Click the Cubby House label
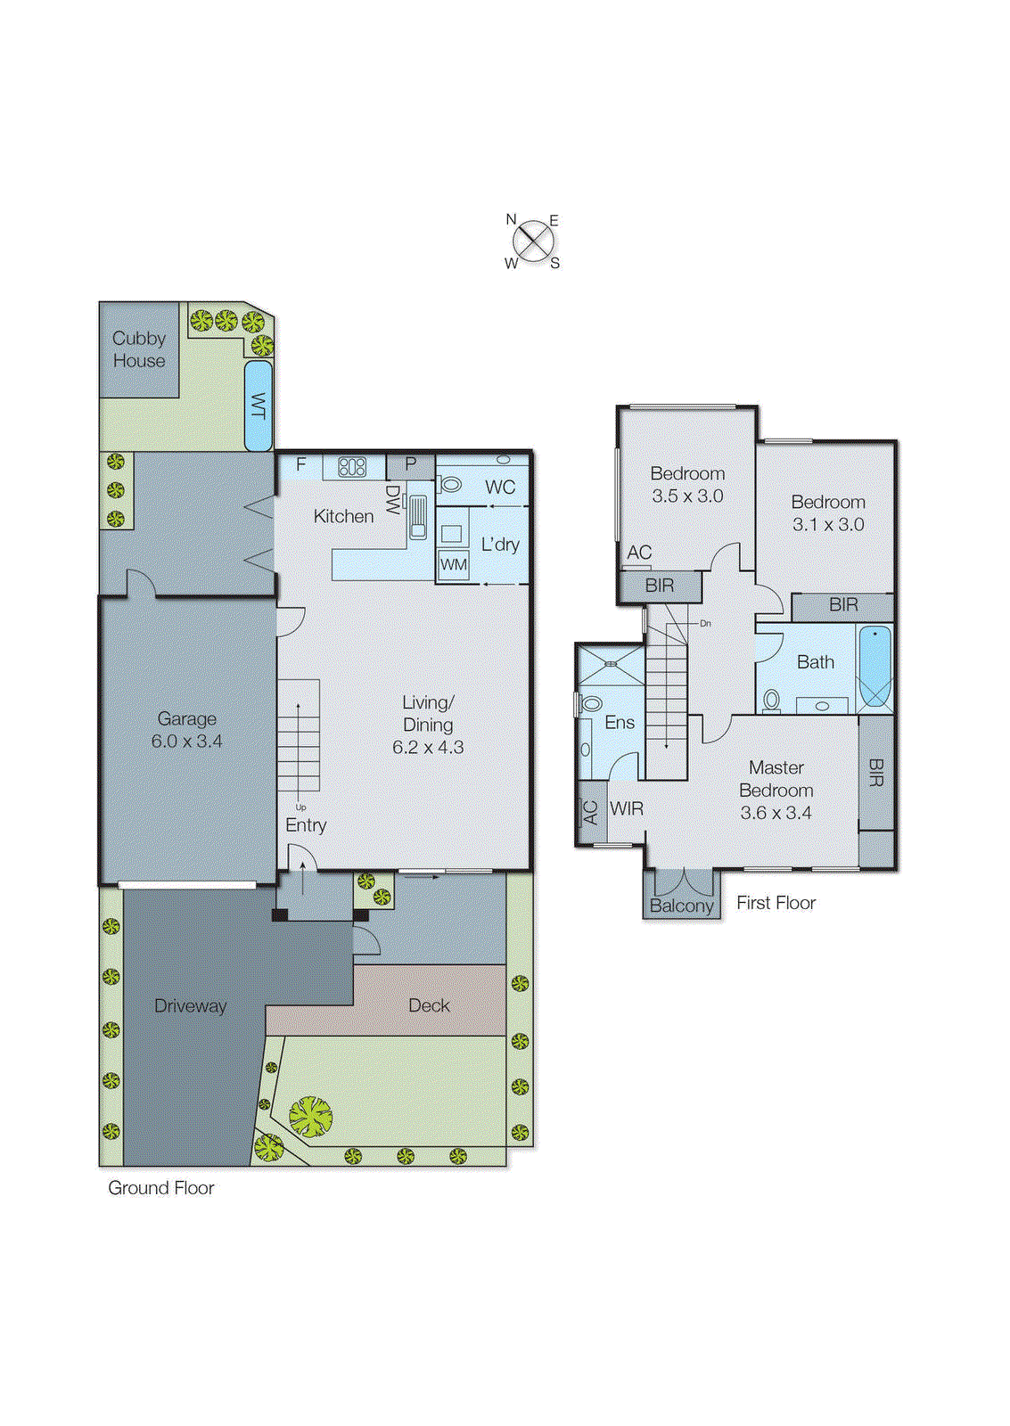[x=139, y=349]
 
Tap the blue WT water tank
[x=259, y=406]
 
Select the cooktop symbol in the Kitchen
[x=352, y=466]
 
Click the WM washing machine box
[x=454, y=564]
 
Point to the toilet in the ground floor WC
[x=450, y=485]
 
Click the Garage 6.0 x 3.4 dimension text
[x=186, y=741]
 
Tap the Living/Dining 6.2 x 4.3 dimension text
[x=428, y=747]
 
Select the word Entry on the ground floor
[x=306, y=825]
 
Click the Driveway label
[x=190, y=1005]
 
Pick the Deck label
[x=429, y=1005]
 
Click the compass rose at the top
[x=533, y=241]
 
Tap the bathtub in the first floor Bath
[x=875, y=667]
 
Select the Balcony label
[x=681, y=906]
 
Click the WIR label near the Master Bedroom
[x=627, y=808]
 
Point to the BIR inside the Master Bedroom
[x=875, y=772]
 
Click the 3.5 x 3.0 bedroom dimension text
[x=687, y=496]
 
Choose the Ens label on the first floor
[x=620, y=722]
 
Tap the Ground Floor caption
[x=161, y=1188]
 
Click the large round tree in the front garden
[x=310, y=1115]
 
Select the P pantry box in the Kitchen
[x=411, y=464]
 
